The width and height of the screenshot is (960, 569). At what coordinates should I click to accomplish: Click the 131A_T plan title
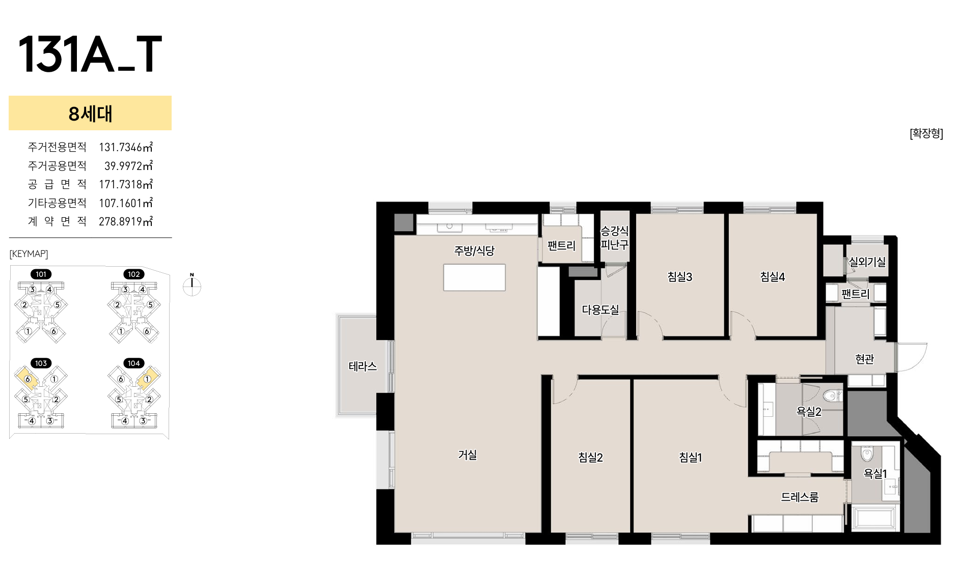(90, 54)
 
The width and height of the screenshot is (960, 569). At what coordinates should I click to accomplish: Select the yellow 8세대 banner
(90, 113)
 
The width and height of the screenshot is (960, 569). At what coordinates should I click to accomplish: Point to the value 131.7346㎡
(126, 147)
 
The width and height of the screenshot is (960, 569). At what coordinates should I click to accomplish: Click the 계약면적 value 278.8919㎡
(126, 221)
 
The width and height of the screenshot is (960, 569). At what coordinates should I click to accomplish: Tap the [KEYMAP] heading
(29, 253)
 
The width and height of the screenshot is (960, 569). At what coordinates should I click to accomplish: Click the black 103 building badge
(41, 363)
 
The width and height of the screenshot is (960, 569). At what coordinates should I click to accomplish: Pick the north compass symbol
(192, 286)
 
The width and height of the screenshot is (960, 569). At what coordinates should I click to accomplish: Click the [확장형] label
(926, 133)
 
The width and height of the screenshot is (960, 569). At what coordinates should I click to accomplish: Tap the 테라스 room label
(363, 366)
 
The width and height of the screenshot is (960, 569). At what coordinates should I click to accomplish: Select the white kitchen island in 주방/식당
(474, 277)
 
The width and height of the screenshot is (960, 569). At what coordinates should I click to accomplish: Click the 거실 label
(468, 454)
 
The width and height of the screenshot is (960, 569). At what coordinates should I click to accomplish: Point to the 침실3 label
(680, 277)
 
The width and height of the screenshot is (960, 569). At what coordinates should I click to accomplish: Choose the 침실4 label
(773, 277)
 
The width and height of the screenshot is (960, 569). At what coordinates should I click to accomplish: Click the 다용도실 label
(600, 309)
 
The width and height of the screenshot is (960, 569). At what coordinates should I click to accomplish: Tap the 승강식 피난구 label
(615, 238)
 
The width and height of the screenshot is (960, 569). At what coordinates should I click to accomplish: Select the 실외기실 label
(867, 262)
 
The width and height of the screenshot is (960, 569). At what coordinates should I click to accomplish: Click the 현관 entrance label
(865, 359)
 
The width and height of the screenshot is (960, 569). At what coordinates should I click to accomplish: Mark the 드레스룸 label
(800, 497)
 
